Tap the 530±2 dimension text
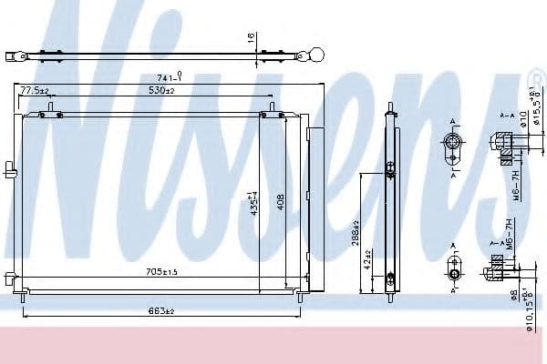point(163,92)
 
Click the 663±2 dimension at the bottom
point(161,312)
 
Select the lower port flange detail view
point(455,270)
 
